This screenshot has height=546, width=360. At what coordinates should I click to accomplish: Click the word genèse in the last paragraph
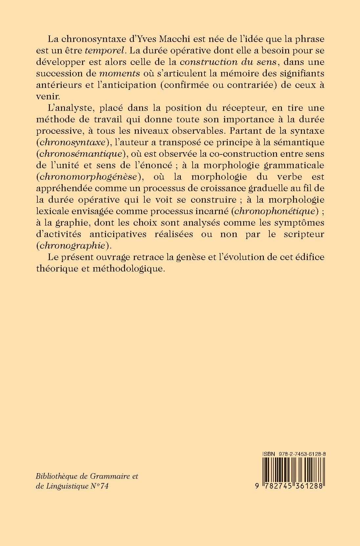188,257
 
